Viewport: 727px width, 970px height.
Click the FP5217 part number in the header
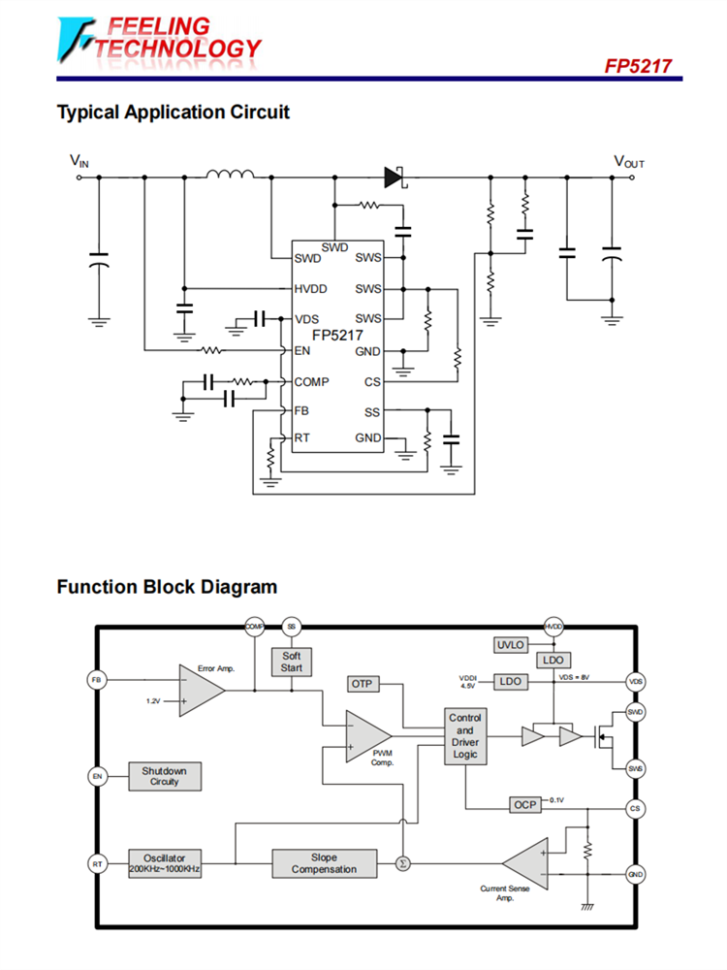(x=638, y=67)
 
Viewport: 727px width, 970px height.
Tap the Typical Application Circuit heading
(x=173, y=113)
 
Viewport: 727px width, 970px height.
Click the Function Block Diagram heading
(x=167, y=587)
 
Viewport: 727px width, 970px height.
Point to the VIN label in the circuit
(x=79, y=162)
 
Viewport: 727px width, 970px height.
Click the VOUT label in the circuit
(x=628, y=162)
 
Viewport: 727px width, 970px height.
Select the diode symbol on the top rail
(x=394, y=177)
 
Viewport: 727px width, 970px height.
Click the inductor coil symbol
(x=230, y=176)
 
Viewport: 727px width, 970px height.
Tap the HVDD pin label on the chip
(x=311, y=289)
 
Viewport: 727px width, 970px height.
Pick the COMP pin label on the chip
(x=312, y=381)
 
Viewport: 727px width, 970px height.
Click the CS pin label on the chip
(x=373, y=381)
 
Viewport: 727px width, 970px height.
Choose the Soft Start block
(x=292, y=663)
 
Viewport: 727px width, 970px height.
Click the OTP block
(x=362, y=685)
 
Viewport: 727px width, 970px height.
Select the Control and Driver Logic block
(x=465, y=736)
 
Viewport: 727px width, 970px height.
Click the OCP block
(x=524, y=805)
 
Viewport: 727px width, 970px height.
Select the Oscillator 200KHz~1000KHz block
(x=165, y=863)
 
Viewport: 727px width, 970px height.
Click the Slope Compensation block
(x=325, y=863)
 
